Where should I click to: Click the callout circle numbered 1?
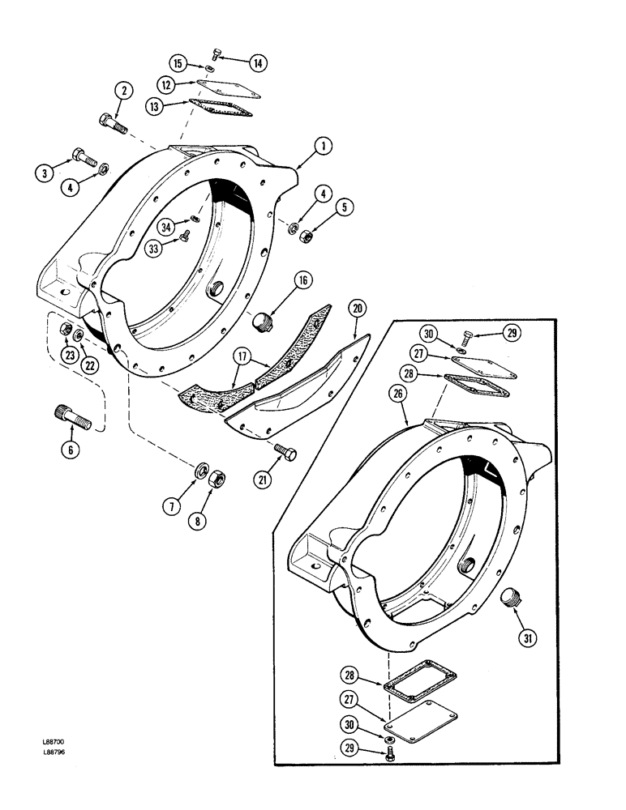tap(322, 146)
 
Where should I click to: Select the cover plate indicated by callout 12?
tap(217, 87)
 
